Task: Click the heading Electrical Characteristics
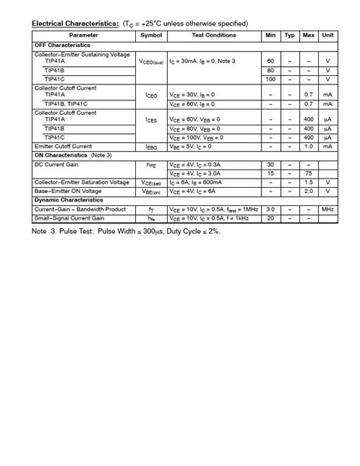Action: pos(75,24)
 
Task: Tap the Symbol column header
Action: pos(151,36)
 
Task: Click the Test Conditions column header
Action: pos(213,36)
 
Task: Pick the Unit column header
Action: pos(327,36)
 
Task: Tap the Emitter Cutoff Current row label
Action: pos(63,146)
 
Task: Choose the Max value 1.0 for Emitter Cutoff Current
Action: pos(308,146)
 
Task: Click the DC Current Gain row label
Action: pos(57,164)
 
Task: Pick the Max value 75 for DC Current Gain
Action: pos(308,173)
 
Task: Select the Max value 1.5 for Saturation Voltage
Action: pos(308,182)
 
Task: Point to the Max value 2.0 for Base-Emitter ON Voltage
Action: pos(308,192)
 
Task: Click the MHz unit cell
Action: pos(327,209)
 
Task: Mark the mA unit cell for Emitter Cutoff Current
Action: pos(327,146)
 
